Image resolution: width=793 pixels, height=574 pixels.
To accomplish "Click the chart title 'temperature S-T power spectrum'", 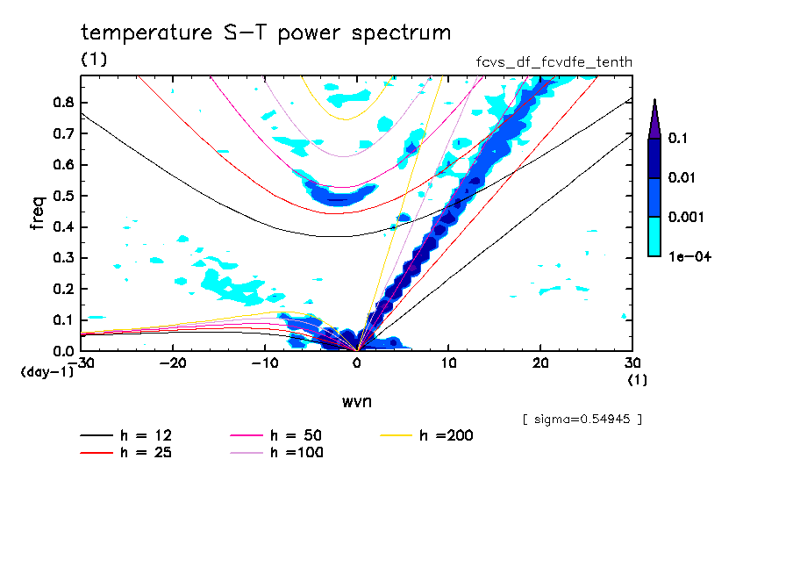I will pos(266,33).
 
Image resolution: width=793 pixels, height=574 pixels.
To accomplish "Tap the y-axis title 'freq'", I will pos(38,213).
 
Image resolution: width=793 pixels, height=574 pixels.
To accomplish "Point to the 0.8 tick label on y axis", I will pos(62,102).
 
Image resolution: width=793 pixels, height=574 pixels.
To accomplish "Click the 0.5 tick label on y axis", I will pos(62,196).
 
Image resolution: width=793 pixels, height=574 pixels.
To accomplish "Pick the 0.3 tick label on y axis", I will pos(62,258).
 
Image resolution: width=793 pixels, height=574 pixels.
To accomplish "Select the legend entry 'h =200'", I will pos(447,435).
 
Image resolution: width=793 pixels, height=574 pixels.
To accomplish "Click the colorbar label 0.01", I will pos(682,178).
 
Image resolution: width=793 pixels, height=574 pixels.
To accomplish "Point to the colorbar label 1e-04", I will pos(688,257).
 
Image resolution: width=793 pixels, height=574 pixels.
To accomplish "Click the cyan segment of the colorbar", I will pos(654,236).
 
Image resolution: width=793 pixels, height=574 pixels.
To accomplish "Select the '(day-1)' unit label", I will pos(46,372).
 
